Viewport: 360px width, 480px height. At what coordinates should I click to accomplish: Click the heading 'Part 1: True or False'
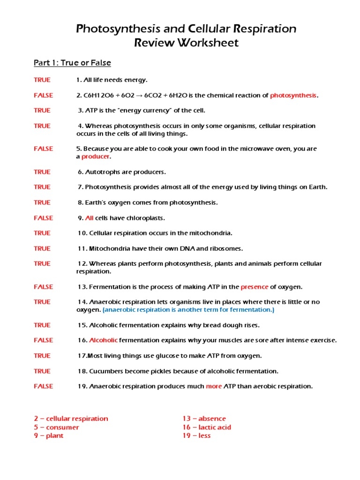[x=72, y=63]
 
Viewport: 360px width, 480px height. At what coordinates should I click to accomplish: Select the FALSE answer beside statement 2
[x=43, y=95]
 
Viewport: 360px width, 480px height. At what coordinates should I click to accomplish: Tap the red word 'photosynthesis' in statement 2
[x=293, y=95]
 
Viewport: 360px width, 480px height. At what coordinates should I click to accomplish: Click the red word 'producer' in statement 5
[x=95, y=156]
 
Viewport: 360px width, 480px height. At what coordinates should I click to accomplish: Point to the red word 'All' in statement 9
[x=90, y=218]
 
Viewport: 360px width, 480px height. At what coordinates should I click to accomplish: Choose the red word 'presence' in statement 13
[x=255, y=286]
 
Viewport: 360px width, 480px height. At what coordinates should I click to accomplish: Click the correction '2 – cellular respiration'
[x=71, y=419]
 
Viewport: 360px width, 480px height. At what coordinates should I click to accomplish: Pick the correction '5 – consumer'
[x=56, y=427]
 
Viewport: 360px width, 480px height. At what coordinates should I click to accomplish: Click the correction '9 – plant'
[x=48, y=435]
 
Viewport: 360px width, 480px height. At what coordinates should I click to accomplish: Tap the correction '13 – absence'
[x=204, y=419]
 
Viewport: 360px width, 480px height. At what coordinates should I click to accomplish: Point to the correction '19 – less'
[x=196, y=435]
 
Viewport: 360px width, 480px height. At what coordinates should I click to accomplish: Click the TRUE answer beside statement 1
[x=42, y=80]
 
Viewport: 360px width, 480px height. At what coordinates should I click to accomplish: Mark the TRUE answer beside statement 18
[x=42, y=371]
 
